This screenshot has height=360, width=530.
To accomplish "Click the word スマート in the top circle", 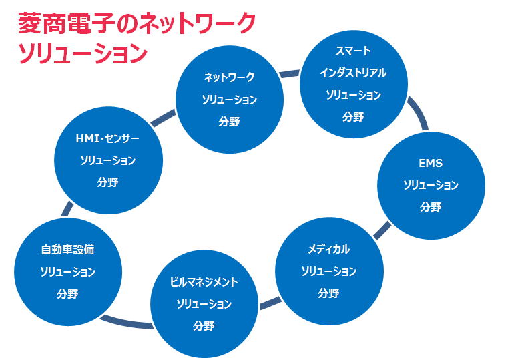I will pyautogui.click(x=353, y=51).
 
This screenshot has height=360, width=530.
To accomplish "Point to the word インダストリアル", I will pyautogui.click(x=353, y=73).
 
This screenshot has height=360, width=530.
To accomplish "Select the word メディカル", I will pyautogui.click(x=328, y=249).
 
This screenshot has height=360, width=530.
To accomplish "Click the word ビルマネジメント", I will pyautogui.click(x=204, y=282).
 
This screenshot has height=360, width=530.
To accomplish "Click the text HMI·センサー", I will pyautogui.click(x=107, y=138).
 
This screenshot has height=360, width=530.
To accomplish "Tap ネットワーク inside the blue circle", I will pyautogui.click(x=229, y=77).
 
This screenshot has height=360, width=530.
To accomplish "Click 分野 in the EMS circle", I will pyautogui.click(x=431, y=206).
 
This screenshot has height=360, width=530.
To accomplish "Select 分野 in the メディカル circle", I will pyautogui.click(x=328, y=293).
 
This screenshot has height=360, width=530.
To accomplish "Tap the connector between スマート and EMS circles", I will pyautogui.click(x=419, y=112).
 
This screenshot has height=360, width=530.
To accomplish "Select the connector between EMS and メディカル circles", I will pyautogui.click(x=382, y=229).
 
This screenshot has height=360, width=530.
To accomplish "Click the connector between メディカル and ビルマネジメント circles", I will pyautogui.click(x=270, y=303).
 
